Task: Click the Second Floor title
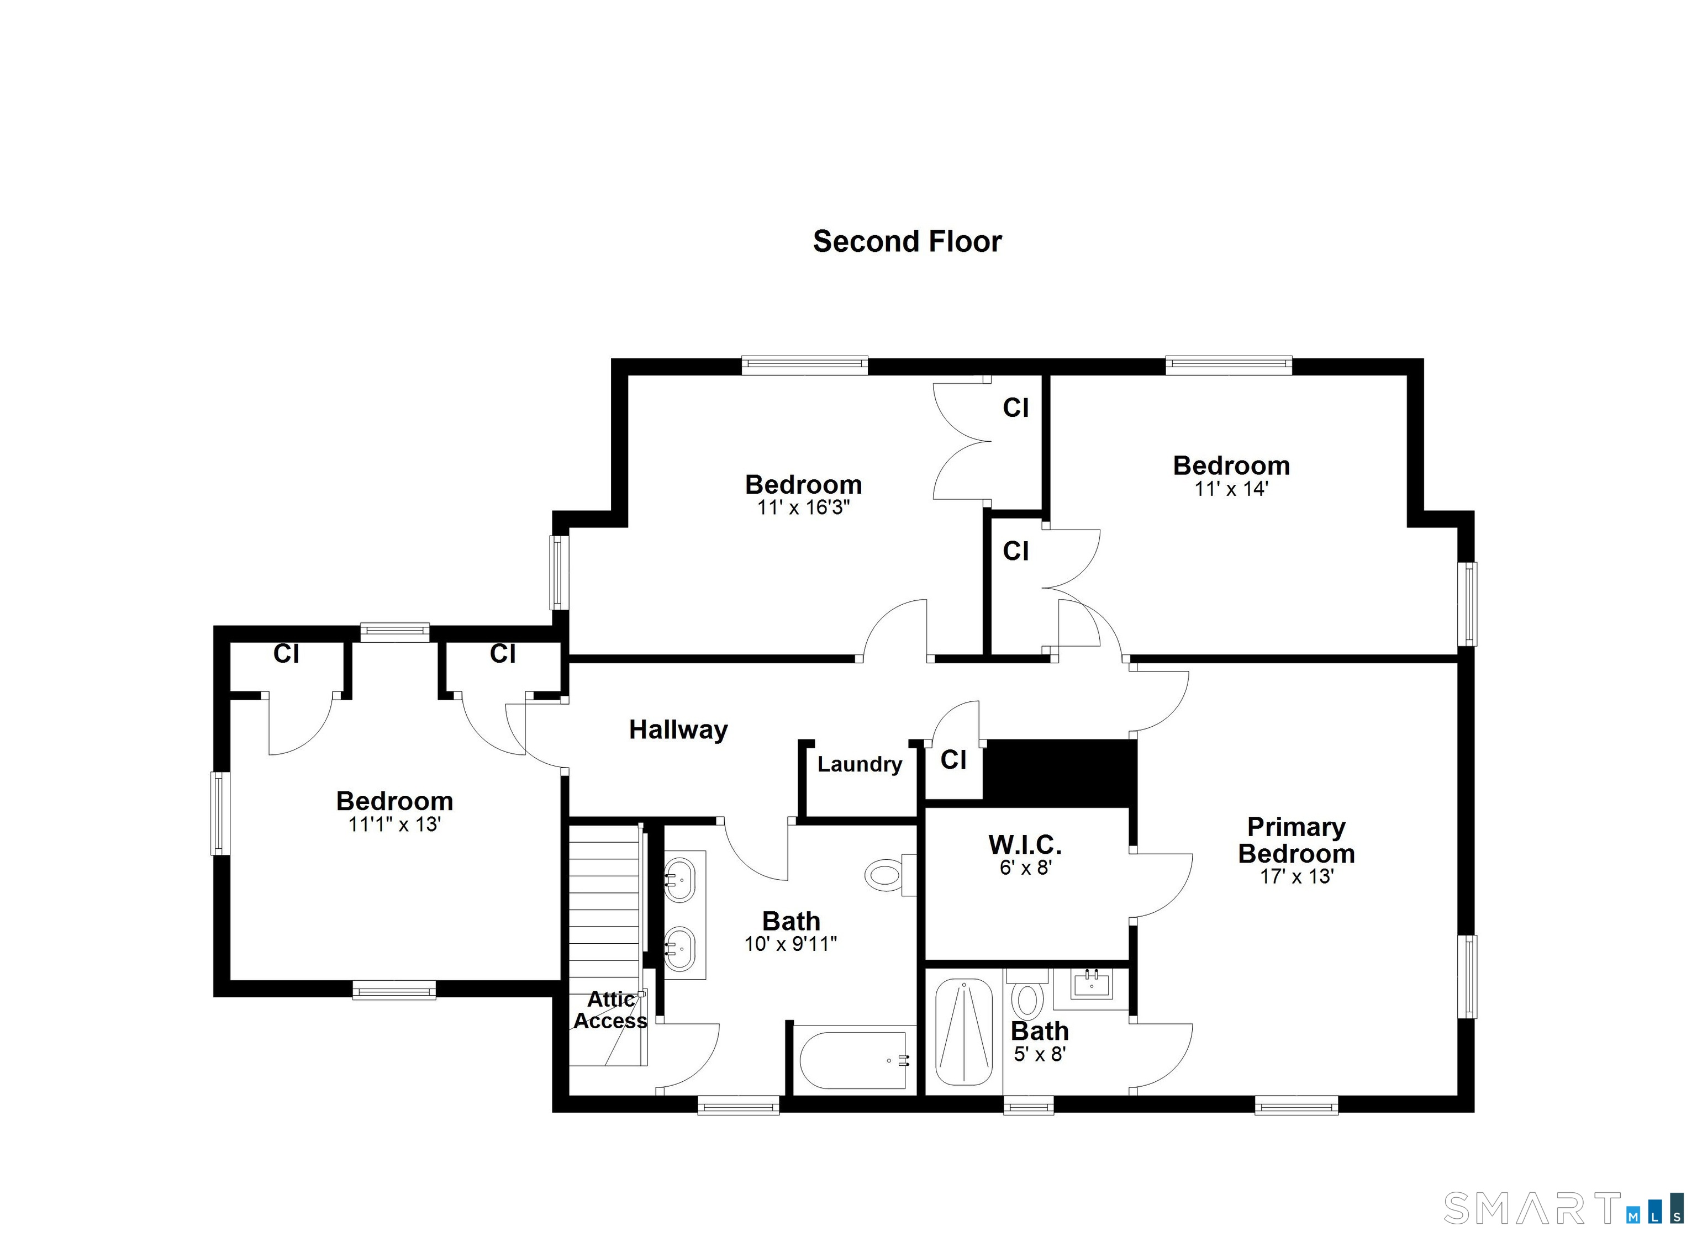coord(907,241)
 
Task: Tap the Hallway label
coord(678,729)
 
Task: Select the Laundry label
coord(859,764)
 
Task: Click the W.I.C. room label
coord(1025,844)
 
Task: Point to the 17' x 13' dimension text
coord(1297,876)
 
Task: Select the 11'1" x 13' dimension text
coord(394,824)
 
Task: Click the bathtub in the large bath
coord(853,1060)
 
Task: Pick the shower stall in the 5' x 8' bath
coord(964,1033)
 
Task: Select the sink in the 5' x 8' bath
coord(1090,984)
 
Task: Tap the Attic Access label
coord(610,1010)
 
